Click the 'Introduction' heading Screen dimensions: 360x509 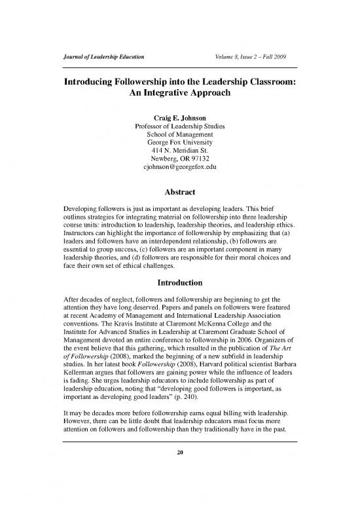179,301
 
